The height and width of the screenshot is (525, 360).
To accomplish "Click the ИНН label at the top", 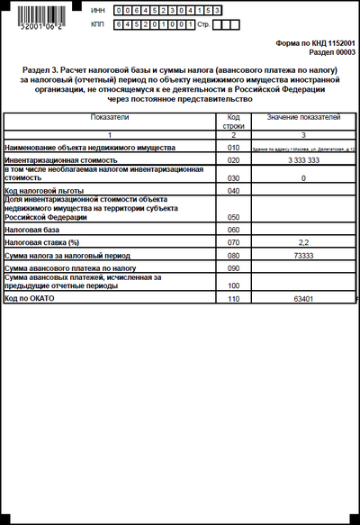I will click(x=98, y=9).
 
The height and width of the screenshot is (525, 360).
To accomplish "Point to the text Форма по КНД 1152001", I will click(x=315, y=43).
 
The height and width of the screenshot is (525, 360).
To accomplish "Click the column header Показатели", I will click(x=110, y=118).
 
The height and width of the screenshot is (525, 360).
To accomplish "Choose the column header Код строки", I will click(x=233, y=122).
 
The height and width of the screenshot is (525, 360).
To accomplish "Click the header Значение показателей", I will click(x=303, y=118).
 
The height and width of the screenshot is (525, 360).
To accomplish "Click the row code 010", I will click(x=233, y=147).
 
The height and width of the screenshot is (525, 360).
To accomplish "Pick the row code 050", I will click(x=233, y=218).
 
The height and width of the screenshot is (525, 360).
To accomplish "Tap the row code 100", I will click(x=233, y=285).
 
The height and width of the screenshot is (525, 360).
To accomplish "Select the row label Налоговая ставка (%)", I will click(x=43, y=243).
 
